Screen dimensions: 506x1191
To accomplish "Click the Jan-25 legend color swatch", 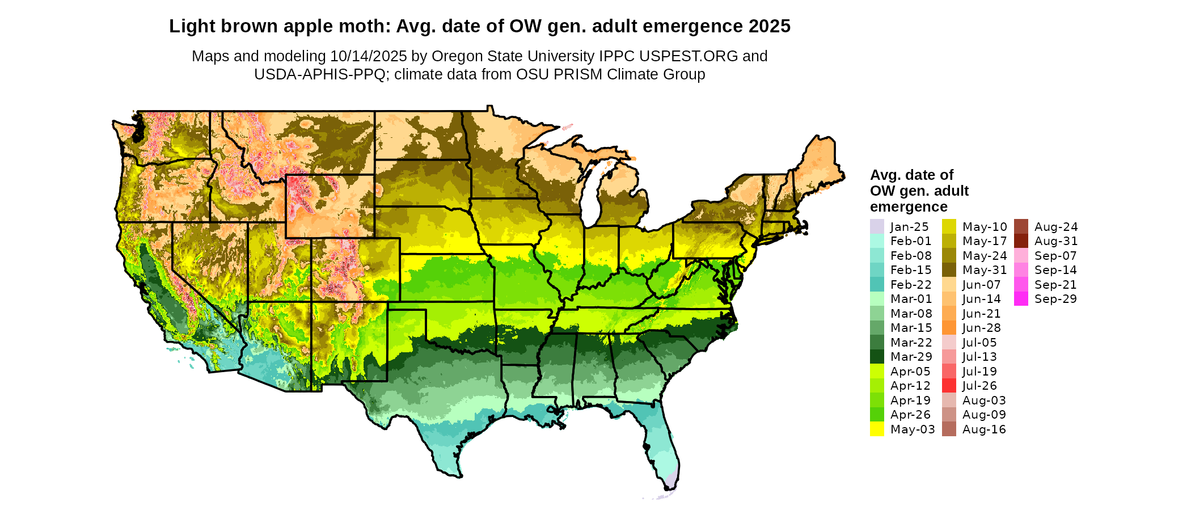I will coord(877,226).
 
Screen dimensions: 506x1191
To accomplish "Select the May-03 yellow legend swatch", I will coord(877,429).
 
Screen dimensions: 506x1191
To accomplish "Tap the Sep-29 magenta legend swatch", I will coord(1021,298).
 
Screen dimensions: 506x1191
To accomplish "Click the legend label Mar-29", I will coord(911,357).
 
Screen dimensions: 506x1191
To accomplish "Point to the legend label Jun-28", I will coord(982,328).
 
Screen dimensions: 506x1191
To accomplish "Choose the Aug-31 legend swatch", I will coord(1021,241).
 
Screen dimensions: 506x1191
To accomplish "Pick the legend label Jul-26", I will coord(979,386).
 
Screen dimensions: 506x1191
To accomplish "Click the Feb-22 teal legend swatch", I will coord(877,284).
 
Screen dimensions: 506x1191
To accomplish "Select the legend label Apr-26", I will coord(911,415).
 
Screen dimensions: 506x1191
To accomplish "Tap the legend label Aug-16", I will coord(984,429).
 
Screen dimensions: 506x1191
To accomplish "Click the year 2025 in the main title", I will coord(769,26).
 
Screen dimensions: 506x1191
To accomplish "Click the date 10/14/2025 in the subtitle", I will coord(369,56).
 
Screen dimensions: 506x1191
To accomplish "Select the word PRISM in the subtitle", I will coord(580,74).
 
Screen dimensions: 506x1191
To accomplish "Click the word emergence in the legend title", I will coord(909,206).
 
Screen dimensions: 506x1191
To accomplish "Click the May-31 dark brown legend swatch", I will coord(949,270).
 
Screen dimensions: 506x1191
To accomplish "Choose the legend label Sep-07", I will coord(1055,256).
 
